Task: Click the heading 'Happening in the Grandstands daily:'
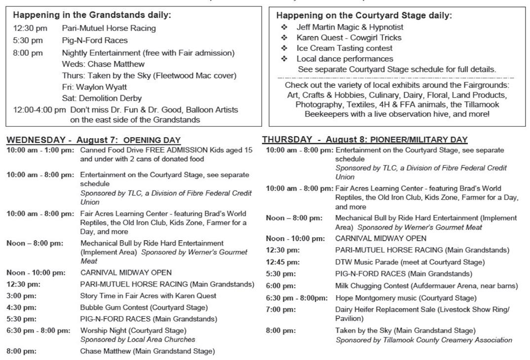[92, 15]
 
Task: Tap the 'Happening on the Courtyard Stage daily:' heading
[364, 16]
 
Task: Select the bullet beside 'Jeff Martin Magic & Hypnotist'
[284, 28]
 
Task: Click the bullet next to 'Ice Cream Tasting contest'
[284, 48]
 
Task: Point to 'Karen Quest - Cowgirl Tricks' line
[348, 38]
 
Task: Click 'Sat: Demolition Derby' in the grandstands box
[102, 98]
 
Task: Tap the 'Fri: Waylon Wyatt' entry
[94, 87]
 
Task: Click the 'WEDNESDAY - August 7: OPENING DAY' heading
[94, 141]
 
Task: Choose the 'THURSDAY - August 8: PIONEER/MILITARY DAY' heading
[365, 140]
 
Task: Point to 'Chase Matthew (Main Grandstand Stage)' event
[148, 352]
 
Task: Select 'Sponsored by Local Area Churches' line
[138, 340]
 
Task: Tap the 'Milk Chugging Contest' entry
[426, 286]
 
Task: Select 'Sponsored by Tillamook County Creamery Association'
[423, 340]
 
